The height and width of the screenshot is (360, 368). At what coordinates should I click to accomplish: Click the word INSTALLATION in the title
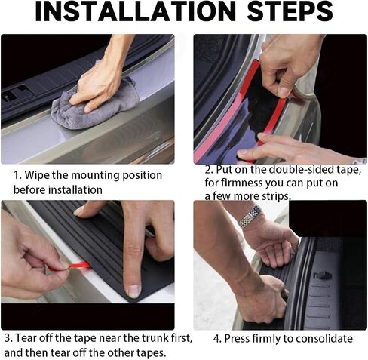[x=136, y=11]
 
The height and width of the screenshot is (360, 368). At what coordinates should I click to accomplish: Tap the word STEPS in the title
[x=290, y=11]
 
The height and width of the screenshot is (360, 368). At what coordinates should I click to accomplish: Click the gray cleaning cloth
[x=96, y=106]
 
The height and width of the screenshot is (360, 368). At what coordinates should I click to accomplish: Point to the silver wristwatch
[x=249, y=217]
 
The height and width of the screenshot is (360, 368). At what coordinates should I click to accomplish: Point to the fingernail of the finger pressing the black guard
[x=133, y=291]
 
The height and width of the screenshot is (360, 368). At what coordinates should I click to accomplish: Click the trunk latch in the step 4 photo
[x=323, y=275]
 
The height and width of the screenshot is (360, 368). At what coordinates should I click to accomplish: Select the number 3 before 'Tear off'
[x=8, y=338]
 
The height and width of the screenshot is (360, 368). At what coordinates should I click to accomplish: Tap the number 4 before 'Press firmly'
[x=216, y=339]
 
